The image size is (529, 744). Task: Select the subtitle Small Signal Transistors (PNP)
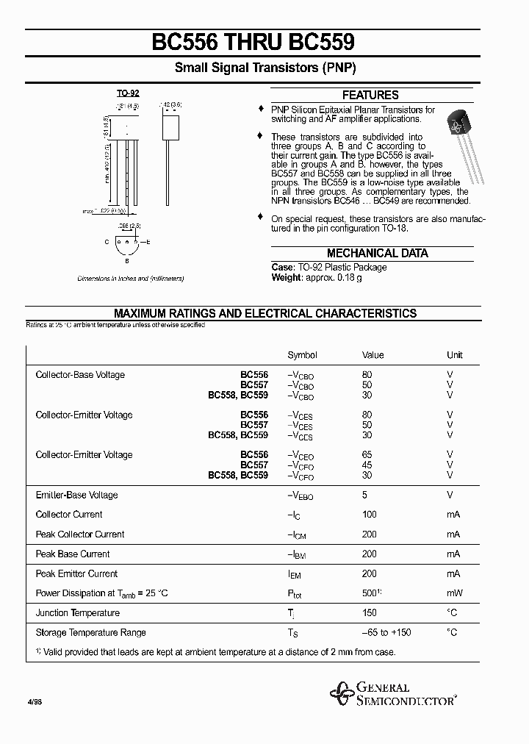click(265, 68)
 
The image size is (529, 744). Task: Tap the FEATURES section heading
click(370, 95)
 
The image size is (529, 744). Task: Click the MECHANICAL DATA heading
click(377, 253)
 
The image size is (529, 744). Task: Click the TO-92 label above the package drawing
click(127, 93)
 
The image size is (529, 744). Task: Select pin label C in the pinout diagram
click(107, 242)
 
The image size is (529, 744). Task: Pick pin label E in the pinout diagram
click(149, 242)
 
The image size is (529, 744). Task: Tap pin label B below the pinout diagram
click(127, 260)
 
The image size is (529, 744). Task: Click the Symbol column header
click(302, 355)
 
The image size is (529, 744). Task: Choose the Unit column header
click(454, 355)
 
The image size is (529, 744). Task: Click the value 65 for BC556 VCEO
click(367, 455)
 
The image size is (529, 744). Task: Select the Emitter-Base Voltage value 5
click(365, 495)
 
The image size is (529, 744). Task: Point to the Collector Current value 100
click(369, 515)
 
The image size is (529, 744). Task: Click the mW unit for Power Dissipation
click(454, 593)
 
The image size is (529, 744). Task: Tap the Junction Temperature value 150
click(369, 613)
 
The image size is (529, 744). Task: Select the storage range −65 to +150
click(386, 633)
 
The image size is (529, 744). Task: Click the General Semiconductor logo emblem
click(341, 693)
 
